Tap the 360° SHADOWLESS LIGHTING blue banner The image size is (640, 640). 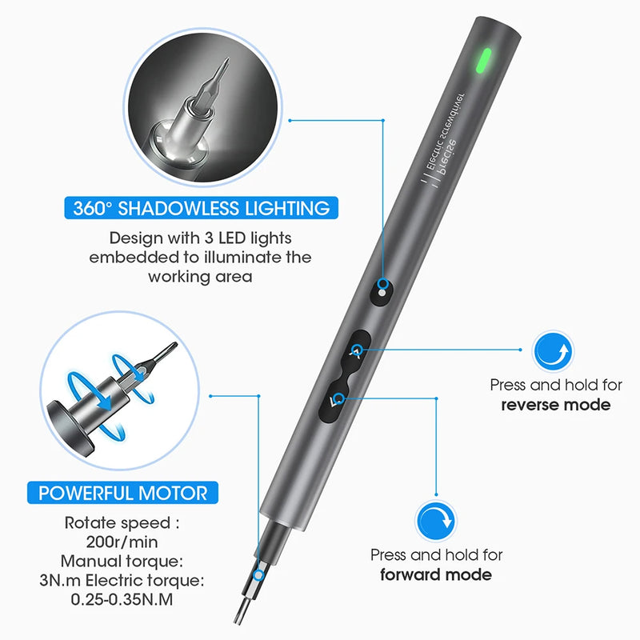coord(201,209)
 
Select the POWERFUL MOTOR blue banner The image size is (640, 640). coord(123,492)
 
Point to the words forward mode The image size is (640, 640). coord(436,574)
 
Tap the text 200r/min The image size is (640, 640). coord(123,541)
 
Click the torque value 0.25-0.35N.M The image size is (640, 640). coord(123,597)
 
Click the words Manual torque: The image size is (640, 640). coord(123,560)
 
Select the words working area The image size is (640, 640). coord(201,277)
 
